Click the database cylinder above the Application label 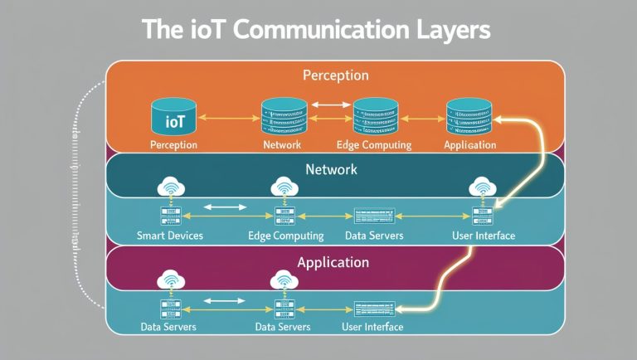pos(469,117)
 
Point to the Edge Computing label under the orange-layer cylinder pos(374,145)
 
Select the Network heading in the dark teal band pos(331,169)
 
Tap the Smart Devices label pos(169,236)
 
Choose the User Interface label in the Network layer pos(484,236)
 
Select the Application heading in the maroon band pos(332,262)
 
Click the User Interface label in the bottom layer pos(372,327)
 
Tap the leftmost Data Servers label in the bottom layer pos(169,327)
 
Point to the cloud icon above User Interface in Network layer pos(482,187)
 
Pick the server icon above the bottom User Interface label pos(372,306)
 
